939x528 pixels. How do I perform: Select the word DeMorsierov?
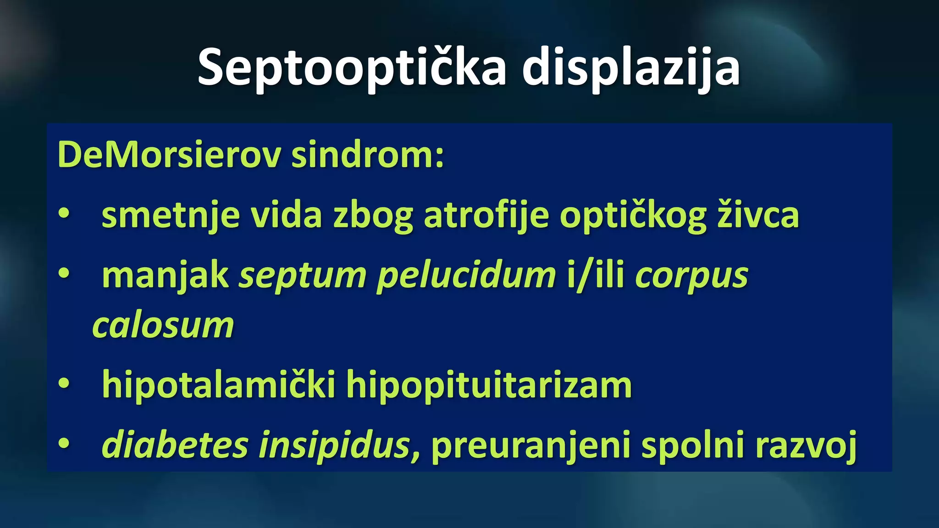(169, 155)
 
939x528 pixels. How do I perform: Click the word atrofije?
(486, 215)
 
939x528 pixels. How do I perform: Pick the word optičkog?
(633, 215)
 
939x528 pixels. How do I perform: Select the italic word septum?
(303, 276)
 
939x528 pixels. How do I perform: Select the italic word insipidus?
(334, 445)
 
